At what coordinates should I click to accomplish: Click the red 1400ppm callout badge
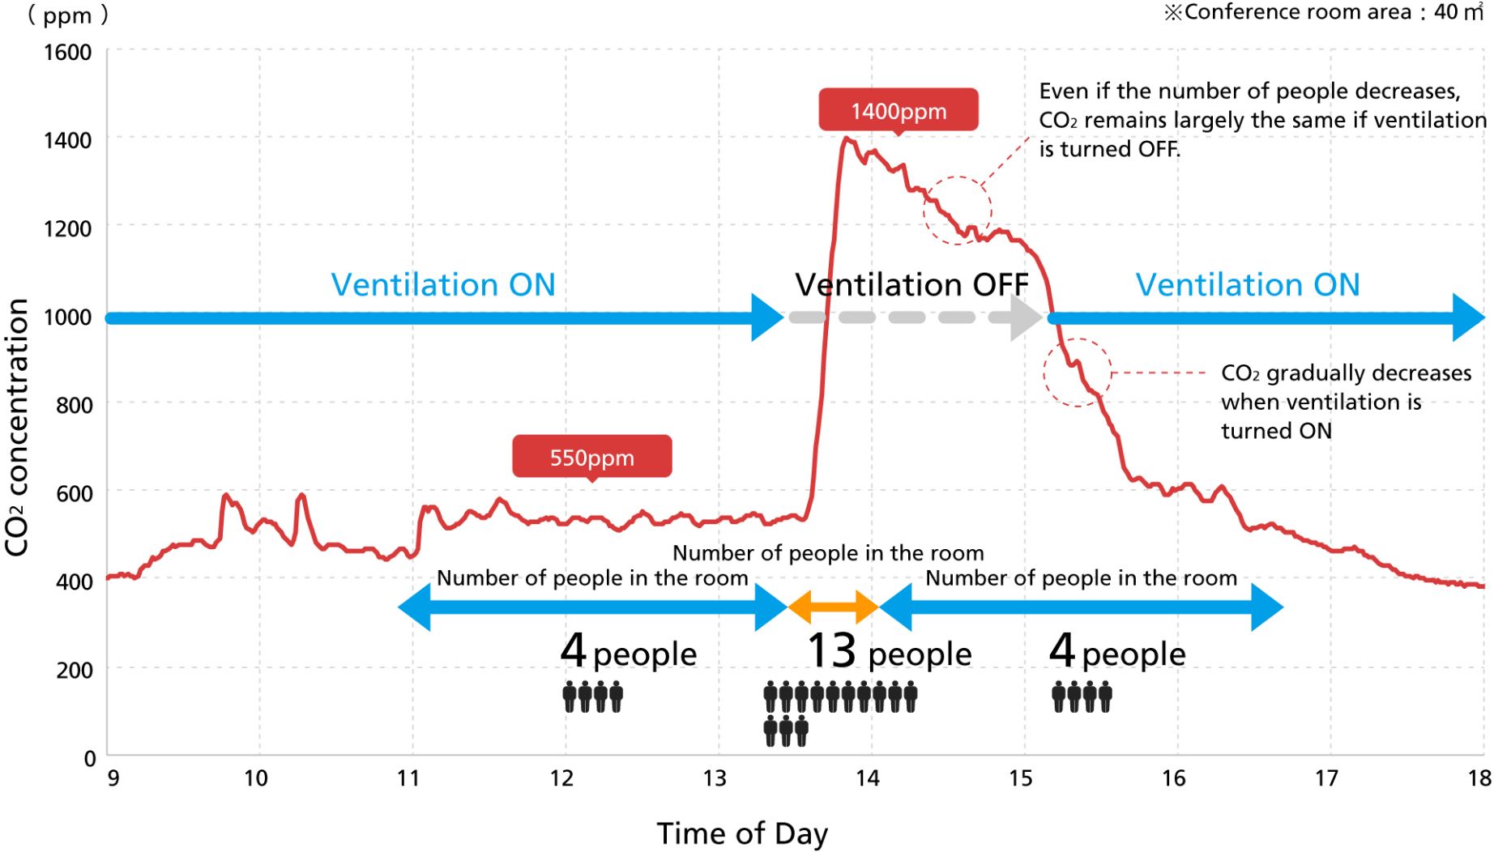coord(898,110)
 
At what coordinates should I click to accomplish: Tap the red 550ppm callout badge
coord(591,457)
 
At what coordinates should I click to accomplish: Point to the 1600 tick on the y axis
coord(67,53)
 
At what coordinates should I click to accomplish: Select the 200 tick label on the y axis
coord(75,670)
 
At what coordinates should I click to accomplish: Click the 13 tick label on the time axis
coord(714,778)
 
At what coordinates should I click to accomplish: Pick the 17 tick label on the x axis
coord(1325,778)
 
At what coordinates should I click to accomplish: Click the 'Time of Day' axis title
coord(742,833)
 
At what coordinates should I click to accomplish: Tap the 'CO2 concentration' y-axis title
coord(18,427)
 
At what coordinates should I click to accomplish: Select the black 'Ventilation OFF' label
coord(911,285)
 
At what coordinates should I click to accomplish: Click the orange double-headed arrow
coord(833,607)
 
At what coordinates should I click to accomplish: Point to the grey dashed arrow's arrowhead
coord(1026,317)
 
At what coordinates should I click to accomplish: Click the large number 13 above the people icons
coord(831,650)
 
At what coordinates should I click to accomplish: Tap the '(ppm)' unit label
coord(67,15)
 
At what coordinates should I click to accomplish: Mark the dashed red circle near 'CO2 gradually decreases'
coord(1078,373)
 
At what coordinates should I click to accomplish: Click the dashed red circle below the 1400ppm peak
coord(957,210)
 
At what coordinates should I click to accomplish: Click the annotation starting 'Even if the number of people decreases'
coord(1261,120)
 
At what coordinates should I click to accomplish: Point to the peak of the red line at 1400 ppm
coord(847,138)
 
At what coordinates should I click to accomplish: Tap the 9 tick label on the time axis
coord(113,778)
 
